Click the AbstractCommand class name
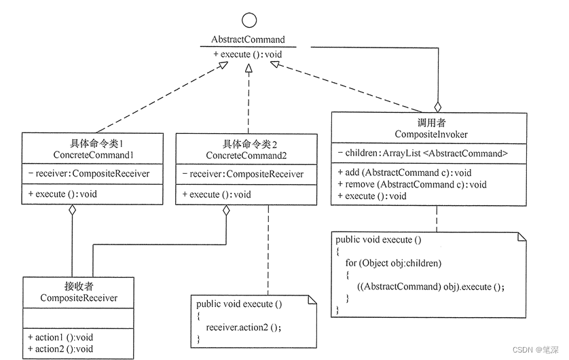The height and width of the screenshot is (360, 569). (x=248, y=39)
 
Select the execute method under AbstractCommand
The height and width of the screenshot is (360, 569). (x=248, y=54)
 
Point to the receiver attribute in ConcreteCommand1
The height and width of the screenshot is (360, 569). (x=90, y=174)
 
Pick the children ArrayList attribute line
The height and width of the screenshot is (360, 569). (x=422, y=154)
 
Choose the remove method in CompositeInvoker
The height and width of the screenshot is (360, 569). (x=411, y=184)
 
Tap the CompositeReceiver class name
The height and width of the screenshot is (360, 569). (x=79, y=298)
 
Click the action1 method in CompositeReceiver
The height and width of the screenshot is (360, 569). (x=60, y=337)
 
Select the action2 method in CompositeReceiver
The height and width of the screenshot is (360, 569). (x=60, y=348)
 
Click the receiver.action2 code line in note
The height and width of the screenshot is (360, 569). (x=242, y=327)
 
